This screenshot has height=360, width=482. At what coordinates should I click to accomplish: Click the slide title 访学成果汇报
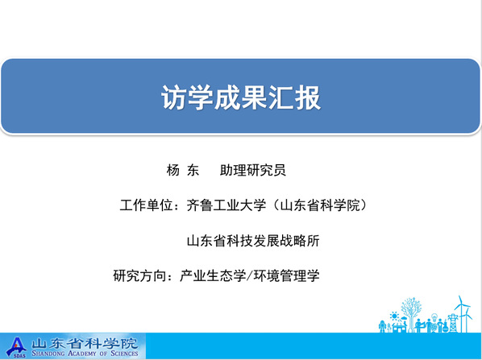pos(241,97)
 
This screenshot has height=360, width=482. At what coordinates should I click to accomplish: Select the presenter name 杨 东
pos(183,170)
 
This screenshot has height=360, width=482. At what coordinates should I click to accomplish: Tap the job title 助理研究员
pos(252,170)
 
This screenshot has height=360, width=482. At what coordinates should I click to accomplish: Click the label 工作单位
pos(147,205)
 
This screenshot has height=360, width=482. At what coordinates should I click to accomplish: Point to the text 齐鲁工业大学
pos(226,205)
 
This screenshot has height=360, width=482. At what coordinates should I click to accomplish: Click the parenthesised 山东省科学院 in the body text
pos(320,205)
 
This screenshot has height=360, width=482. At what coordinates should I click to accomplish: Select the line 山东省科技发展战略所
pos(253,241)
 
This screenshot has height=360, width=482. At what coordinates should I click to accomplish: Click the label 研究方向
pos(139,275)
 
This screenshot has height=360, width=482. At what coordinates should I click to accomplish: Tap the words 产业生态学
pos(213,275)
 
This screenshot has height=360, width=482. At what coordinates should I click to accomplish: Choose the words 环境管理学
pos(286,275)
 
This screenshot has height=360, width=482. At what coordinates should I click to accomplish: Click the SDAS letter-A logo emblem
pos(16,347)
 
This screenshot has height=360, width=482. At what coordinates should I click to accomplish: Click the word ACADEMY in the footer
pos(81,354)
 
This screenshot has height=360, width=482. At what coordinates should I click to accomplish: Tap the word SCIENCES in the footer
pos(124,354)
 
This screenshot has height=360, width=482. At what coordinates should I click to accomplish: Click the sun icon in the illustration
pos(394,316)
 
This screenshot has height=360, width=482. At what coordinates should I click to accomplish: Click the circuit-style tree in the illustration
pos(411,314)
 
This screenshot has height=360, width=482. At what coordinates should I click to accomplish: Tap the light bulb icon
pos(434,317)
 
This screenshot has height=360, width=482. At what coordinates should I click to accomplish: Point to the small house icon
pos(399,327)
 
